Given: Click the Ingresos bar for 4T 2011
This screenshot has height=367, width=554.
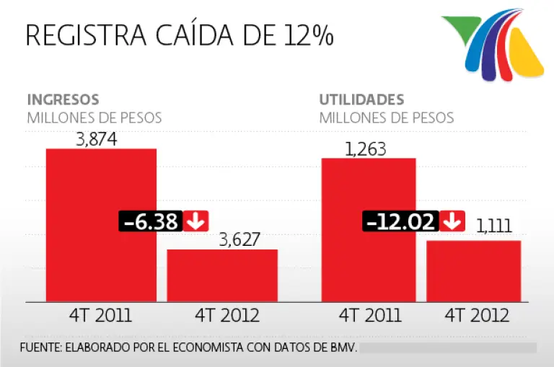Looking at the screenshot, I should (x=101, y=187).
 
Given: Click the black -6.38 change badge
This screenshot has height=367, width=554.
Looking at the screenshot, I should (x=150, y=221).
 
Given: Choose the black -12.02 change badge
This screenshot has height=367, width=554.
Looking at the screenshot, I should (x=401, y=221).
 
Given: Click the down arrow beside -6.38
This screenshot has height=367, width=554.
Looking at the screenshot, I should (x=194, y=221).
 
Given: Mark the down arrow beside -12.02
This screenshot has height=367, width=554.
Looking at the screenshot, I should (x=452, y=221).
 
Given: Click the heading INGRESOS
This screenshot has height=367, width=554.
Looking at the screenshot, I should (x=63, y=100).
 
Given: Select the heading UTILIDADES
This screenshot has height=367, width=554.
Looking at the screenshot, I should (x=361, y=100).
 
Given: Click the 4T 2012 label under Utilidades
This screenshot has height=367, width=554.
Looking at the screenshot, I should (x=477, y=316).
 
